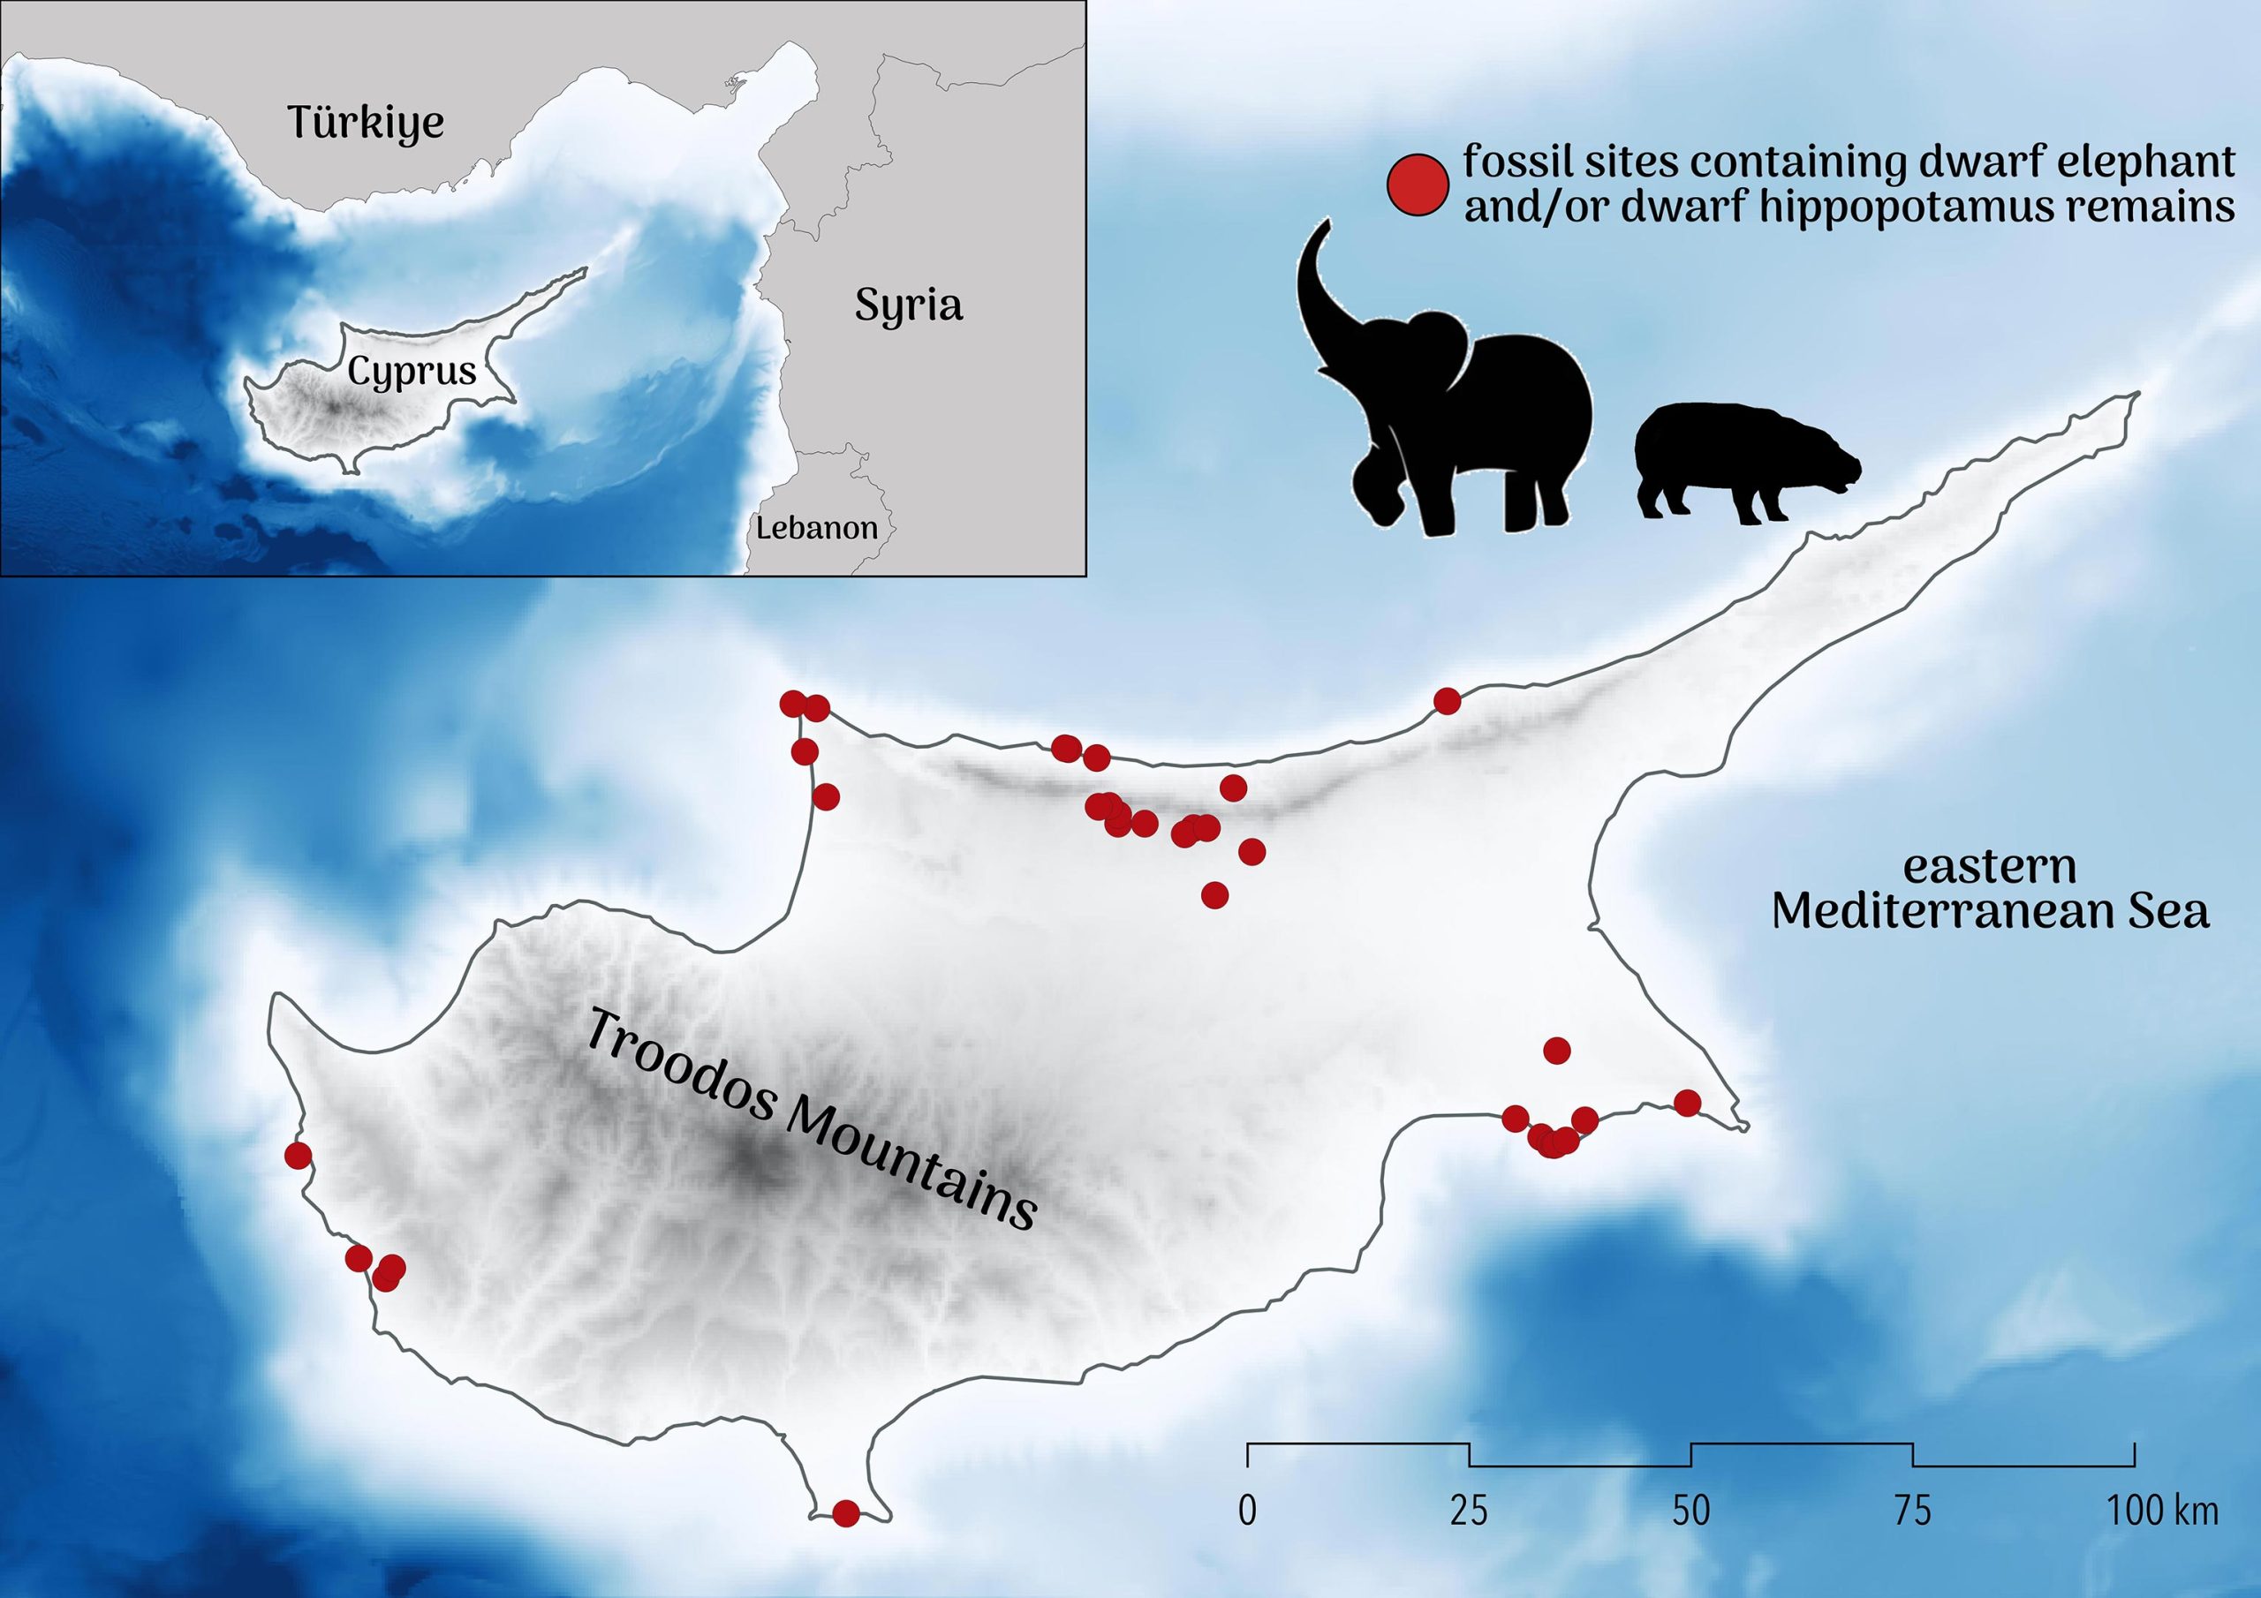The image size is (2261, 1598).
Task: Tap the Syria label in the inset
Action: [907, 306]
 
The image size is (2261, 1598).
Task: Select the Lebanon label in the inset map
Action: [816, 528]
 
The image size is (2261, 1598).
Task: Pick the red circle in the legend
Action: [1418, 183]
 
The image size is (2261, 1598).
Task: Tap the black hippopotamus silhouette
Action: [1743, 464]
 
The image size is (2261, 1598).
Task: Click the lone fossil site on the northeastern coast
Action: [1447, 701]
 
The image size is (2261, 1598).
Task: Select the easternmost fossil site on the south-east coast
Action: [1687, 1102]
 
